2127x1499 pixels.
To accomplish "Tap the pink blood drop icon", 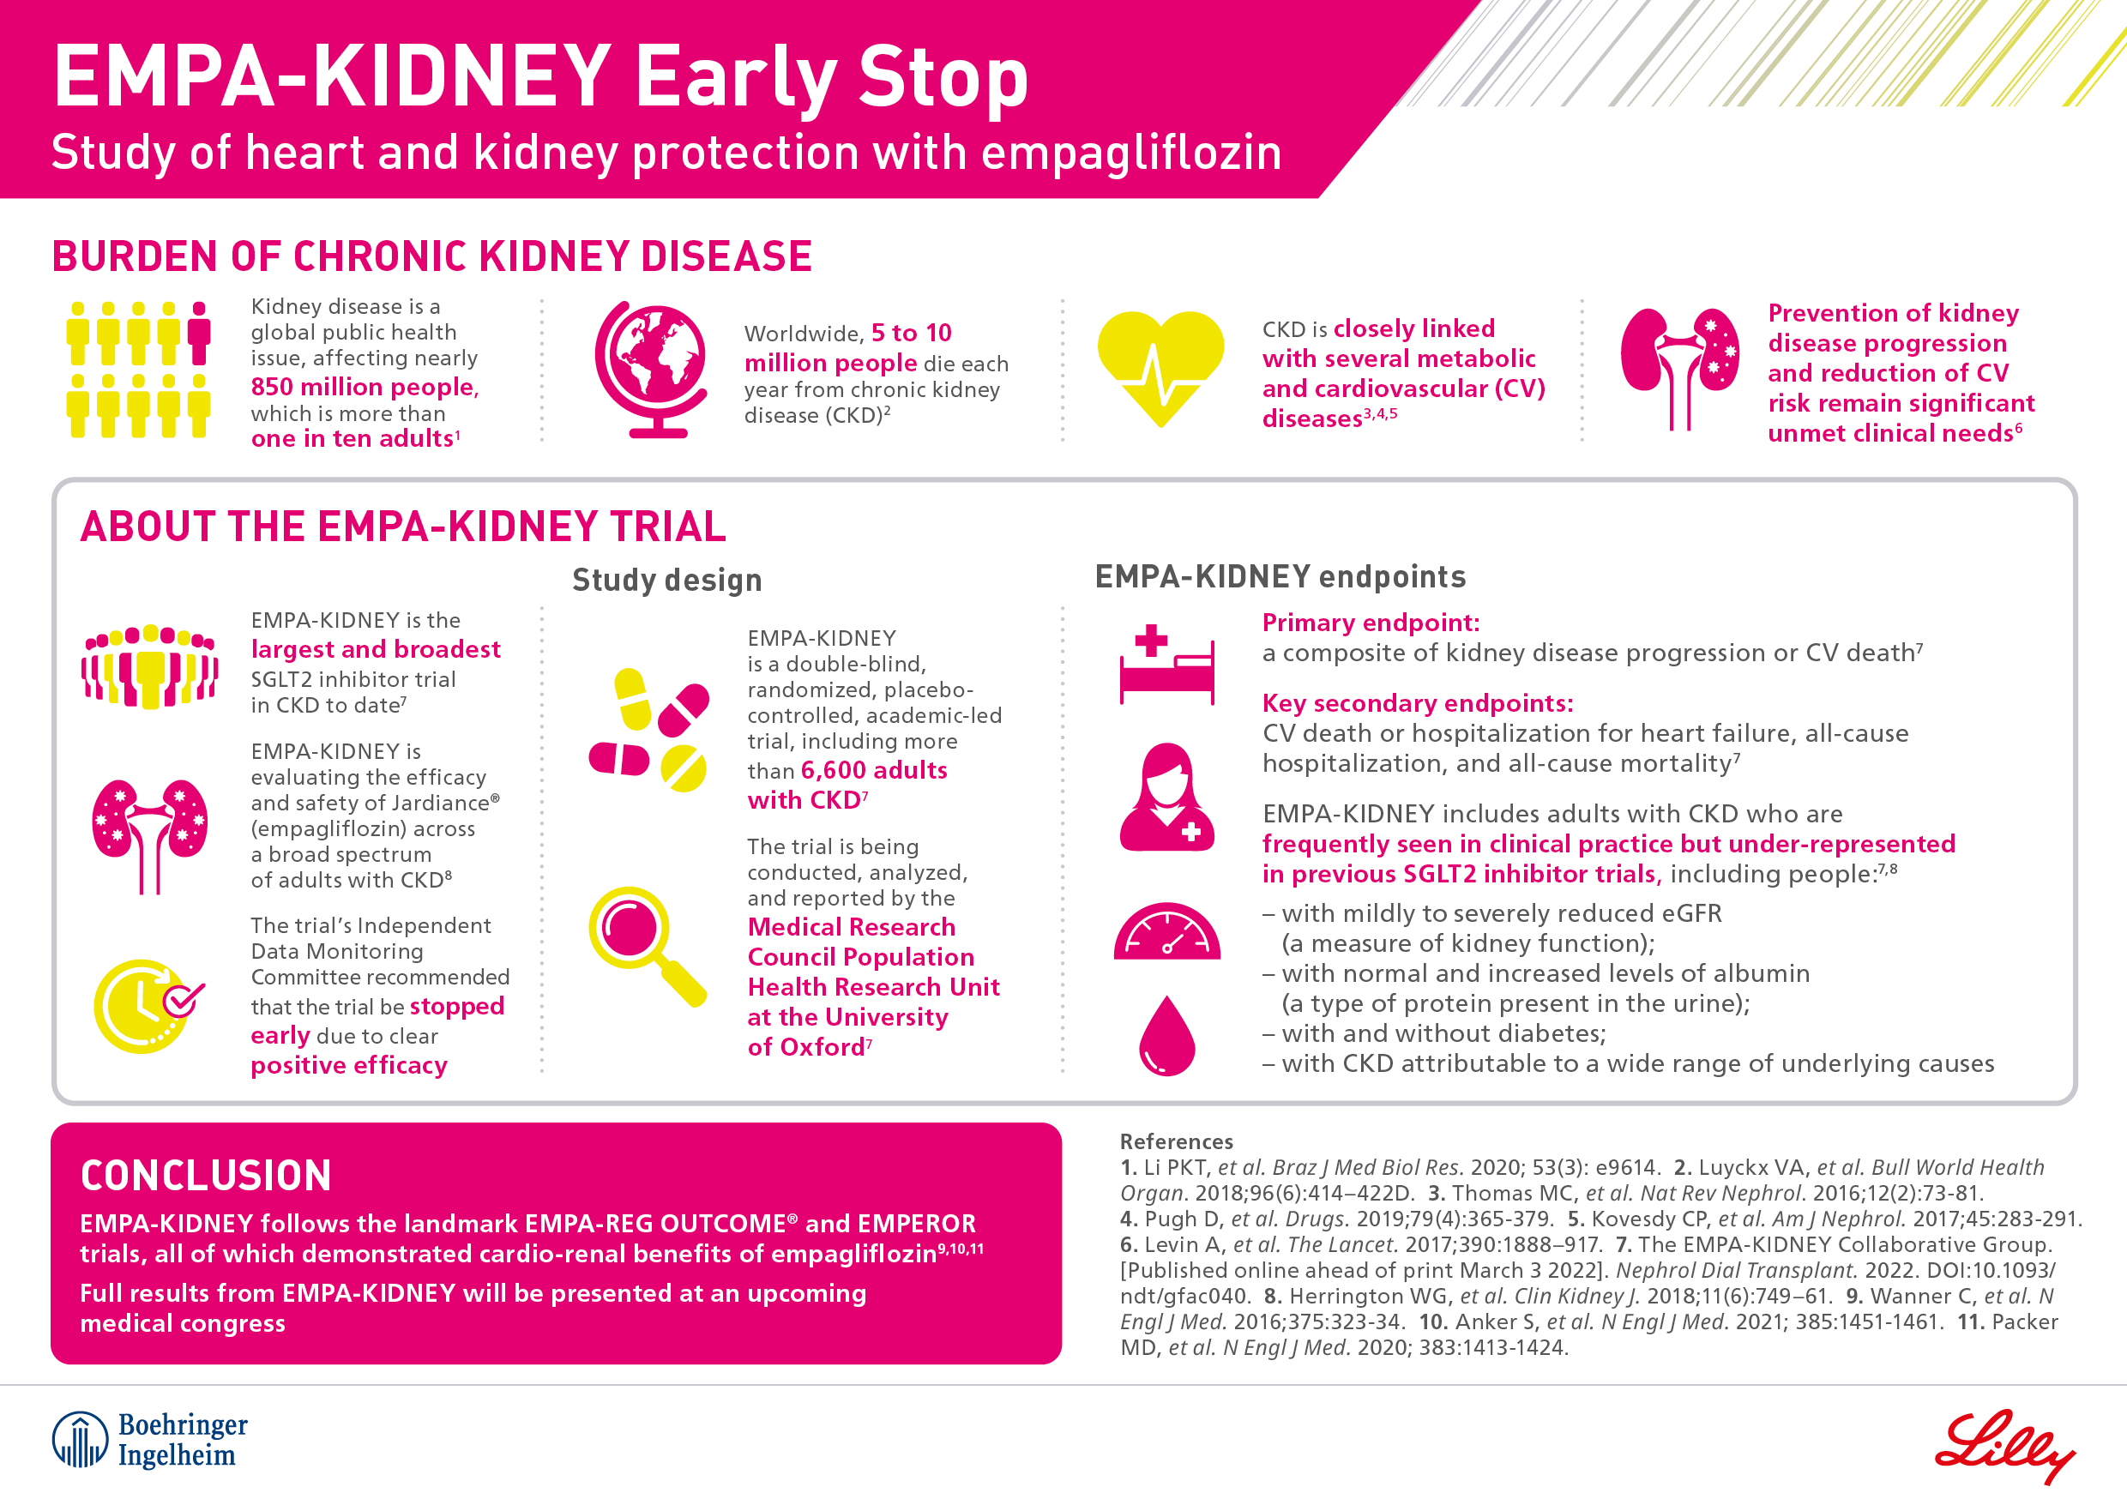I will point(1166,1037).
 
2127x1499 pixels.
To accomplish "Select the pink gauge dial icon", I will point(1166,933).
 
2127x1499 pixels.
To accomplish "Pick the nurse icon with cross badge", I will point(1166,798).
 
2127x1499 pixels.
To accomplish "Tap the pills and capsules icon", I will point(649,731).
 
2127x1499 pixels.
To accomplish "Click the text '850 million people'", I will point(364,387).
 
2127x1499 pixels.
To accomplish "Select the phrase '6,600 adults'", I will point(874,770).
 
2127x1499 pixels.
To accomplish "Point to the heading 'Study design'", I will point(667,580).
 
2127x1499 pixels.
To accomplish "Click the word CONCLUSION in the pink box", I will point(206,1176).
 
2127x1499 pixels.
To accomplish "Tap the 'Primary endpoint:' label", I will point(1371,623).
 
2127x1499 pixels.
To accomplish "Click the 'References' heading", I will point(1176,1141).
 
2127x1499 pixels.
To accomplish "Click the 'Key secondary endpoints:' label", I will point(1418,703).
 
